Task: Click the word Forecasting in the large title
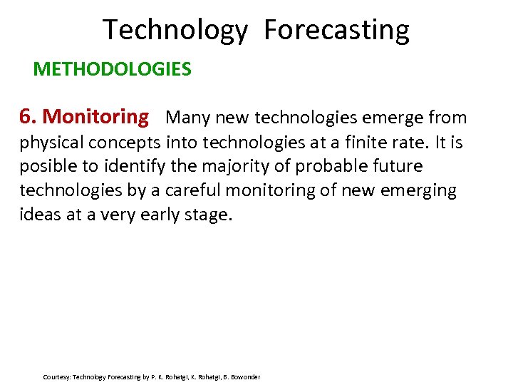[x=336, y=30]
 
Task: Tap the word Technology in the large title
[x=175, y=30]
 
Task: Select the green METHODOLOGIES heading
[x=112, y=69]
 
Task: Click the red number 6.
[x=28, y=116]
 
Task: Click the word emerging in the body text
[x=421, y=190]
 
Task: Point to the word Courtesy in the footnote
[x=56, y=376]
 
